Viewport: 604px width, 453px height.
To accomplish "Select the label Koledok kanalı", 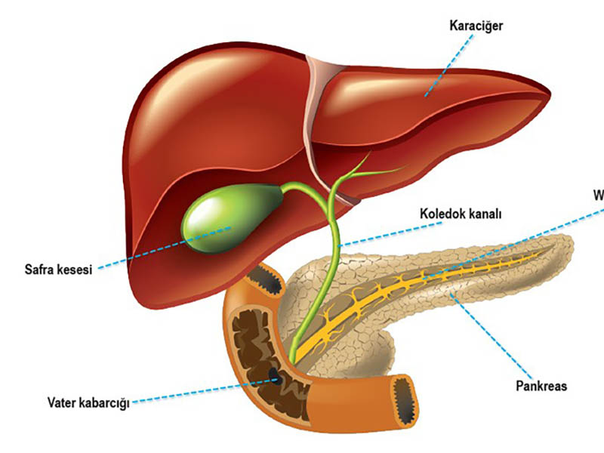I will click(x=461, y=213).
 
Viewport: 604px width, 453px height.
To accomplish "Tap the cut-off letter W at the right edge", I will click(x=598, y=196).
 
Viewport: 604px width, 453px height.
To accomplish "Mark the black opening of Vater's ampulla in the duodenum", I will click(x=275, y=376).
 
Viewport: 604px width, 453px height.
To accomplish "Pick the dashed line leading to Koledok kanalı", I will click(x=377, y=231).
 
